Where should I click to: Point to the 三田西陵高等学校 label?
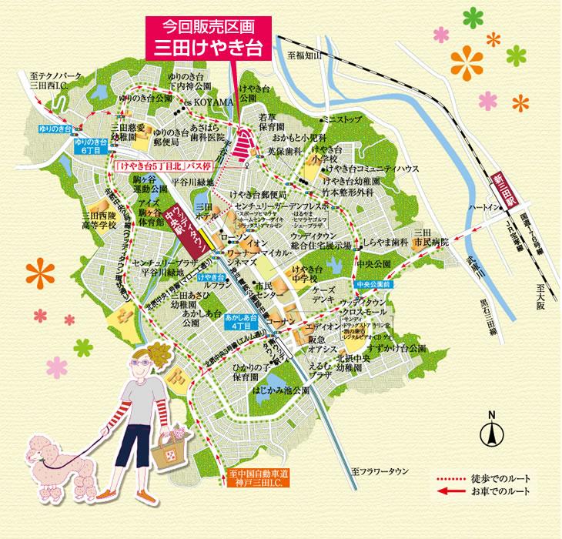(x=102, y=222)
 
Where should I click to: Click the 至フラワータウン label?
(x=382, y=470)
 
